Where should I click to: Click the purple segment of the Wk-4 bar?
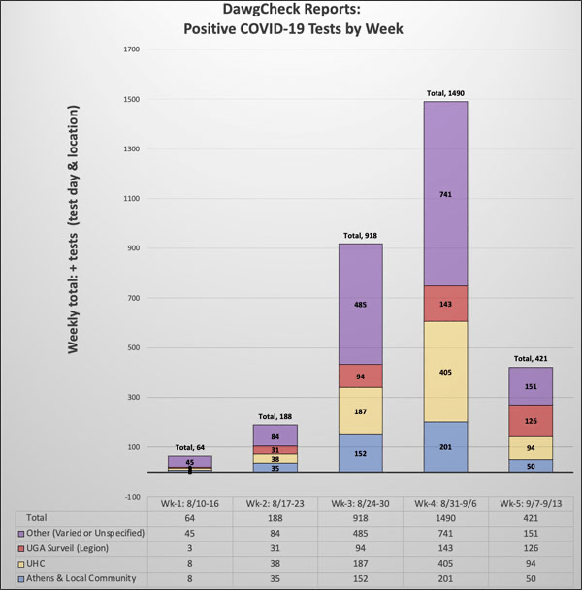[446, 194]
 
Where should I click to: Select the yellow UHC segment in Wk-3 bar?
[361, 410]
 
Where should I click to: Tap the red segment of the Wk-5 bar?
[532, 420]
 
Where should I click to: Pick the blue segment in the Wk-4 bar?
[446, 446]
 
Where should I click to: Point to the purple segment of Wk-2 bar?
[275, 435]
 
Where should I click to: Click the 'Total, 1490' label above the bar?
[446, 94]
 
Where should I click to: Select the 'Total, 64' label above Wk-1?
[190, 447]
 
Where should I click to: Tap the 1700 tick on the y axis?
[133, 49]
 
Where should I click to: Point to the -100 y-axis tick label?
[132, 497]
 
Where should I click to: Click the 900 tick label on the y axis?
[134, 248]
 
